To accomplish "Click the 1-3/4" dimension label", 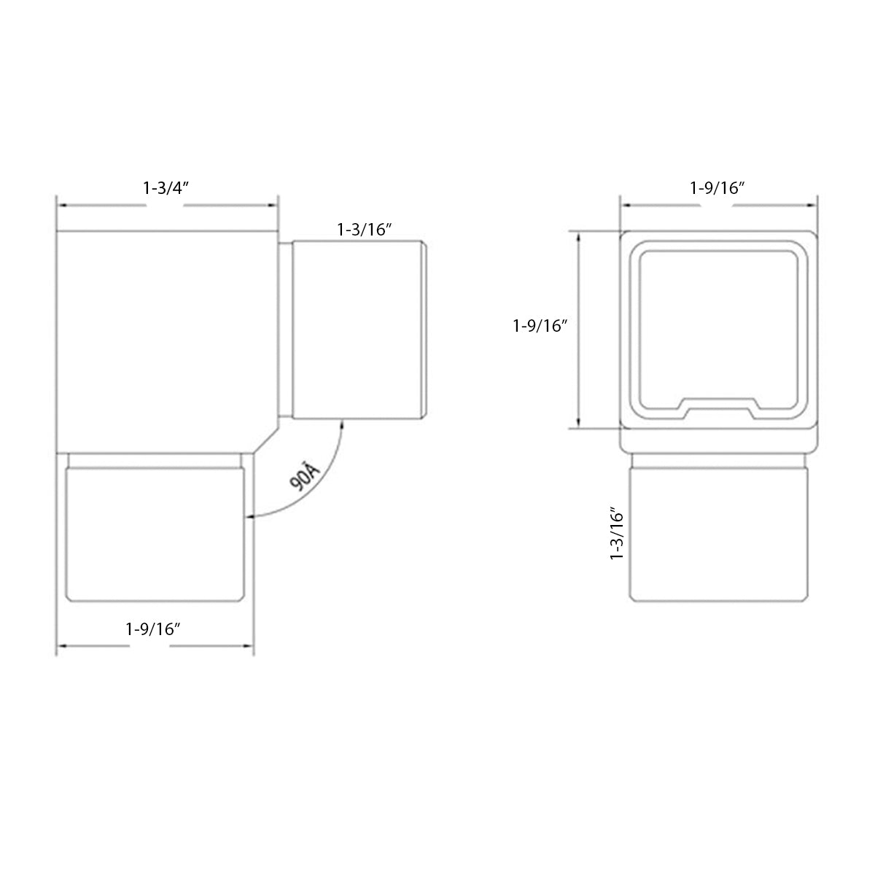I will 166,187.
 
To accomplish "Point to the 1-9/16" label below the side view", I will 153,629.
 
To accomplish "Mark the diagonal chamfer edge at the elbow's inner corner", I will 265,437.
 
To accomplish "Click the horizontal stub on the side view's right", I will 357,331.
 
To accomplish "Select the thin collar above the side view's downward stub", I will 154,460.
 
